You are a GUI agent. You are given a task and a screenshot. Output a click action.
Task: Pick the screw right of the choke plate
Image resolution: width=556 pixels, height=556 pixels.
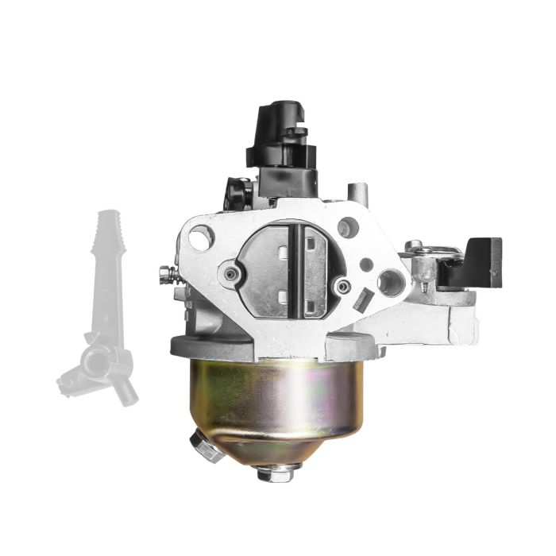342,286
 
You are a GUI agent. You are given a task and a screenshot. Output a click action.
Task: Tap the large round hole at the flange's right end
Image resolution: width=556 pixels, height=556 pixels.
389,280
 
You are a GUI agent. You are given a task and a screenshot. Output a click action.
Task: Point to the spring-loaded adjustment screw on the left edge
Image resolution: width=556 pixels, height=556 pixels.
166,274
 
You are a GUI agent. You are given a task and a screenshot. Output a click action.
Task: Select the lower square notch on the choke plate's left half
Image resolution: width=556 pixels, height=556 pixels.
282,297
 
